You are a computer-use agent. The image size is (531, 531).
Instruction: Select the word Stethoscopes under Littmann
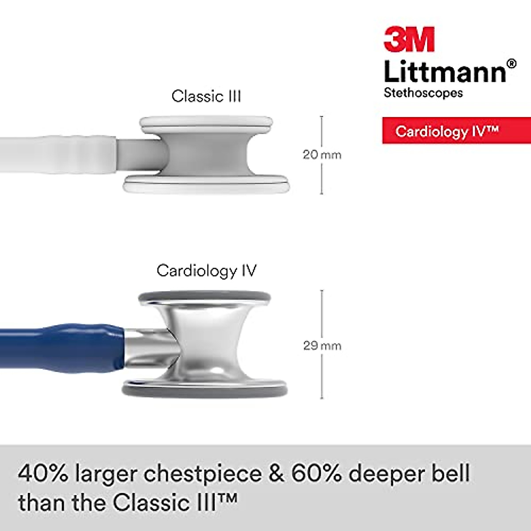(x=423, y=93)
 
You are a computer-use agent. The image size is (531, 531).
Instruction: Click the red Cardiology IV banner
(x=456, y=131)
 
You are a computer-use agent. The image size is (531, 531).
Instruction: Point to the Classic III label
(x=206, y=96)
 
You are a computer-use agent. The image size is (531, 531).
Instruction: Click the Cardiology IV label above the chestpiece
(x=207, y=270)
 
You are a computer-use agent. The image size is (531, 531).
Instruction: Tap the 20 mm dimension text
(x=322, y=154)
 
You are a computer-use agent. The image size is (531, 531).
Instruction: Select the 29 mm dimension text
(x=322, y=345)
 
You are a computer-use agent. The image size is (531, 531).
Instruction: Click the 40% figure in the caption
(x=43, y=473)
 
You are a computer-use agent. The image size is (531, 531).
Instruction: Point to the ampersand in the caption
(x=276, y=473)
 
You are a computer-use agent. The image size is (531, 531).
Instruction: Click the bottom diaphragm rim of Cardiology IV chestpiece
(x=205, y=390)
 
